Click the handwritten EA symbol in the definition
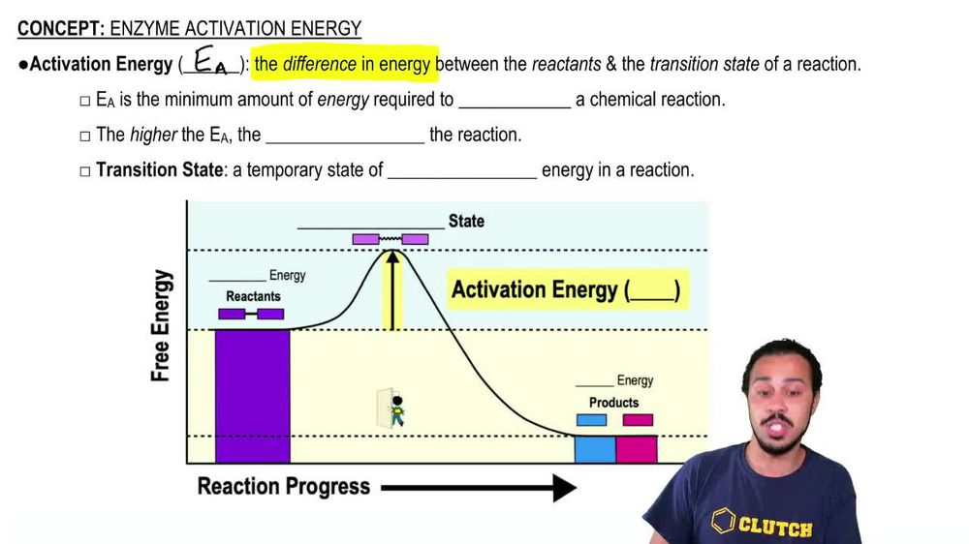(x=210, y=63)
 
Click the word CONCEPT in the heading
(x=56, y=28)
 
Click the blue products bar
(x=594, y=448)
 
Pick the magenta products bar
(x=637, y=448)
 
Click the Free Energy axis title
(x=161, y=326)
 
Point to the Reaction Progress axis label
(x=283, y=486)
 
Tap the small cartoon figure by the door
(x=395, y=409)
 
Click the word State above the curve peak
(x=466, y=221)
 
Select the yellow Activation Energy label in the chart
(x=567, y=289)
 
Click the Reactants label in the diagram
(x=253, y=296)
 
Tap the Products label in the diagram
(x=613, y=402)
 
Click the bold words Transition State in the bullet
(x=159, y=170)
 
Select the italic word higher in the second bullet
(x=153, y=135)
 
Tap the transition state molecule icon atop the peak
(x=390, y=238)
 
